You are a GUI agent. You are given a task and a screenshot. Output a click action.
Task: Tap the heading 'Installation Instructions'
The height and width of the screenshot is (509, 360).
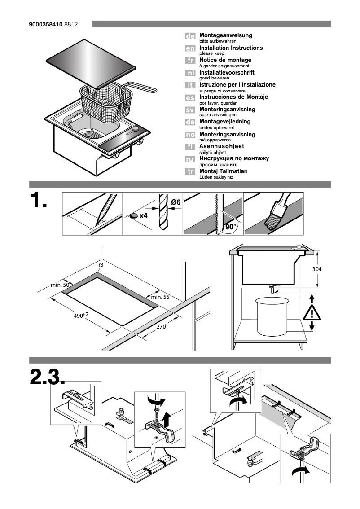pyautogui.click(x=231, y=48)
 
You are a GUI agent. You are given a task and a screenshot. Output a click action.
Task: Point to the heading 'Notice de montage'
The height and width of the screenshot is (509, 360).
pyautogui.click(x=225, y=60)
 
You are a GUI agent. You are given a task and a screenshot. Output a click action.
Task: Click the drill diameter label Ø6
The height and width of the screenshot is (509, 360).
pyautogui.click(x=176, y=202)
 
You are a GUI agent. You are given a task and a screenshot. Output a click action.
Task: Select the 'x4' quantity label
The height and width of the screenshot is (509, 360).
pyautogui.click(x=144, y=216)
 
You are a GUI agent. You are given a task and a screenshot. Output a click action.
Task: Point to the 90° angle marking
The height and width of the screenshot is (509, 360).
pyautogui.click(x=230, y=228)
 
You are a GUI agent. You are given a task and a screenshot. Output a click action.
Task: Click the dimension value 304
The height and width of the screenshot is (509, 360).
pyautogui.click(x=317, y=269)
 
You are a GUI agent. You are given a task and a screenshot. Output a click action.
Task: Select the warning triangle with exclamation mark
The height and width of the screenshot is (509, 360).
pyautogui.click(x=311, y=311)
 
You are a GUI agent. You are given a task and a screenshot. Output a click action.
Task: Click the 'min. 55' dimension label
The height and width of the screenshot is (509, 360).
pyautogui.click(x=160, y=297)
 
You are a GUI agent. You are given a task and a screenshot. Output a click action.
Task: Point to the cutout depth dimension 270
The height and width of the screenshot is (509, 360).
pyautogui.click(x=161, y=327)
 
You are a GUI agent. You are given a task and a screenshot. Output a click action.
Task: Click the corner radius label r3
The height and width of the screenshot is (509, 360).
pyautogui.click(x=101, y=265)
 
